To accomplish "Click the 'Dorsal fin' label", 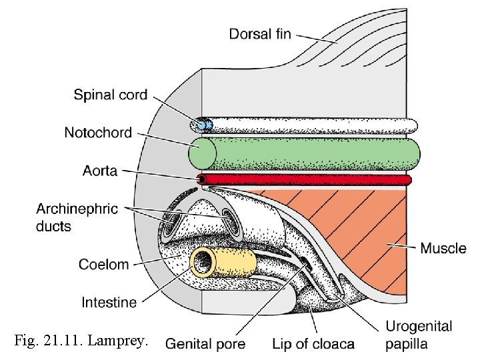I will point(260,33).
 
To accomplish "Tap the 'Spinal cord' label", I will point(111,95).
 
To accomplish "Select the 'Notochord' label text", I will point(98,133).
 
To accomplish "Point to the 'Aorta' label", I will point(100,171).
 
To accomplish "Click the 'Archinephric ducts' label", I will point(77,217).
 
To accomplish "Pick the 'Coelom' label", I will point(103,264).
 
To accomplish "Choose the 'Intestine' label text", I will point(109,302).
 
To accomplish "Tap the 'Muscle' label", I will point(443,248).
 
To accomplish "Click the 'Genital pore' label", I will point(205,344).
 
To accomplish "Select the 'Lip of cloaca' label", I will point(313,344).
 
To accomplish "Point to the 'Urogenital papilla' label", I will point(419,335).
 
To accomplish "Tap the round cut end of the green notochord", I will point(203,153).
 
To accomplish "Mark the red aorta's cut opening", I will point(202,180).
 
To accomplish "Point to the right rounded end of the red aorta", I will point(408,180).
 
